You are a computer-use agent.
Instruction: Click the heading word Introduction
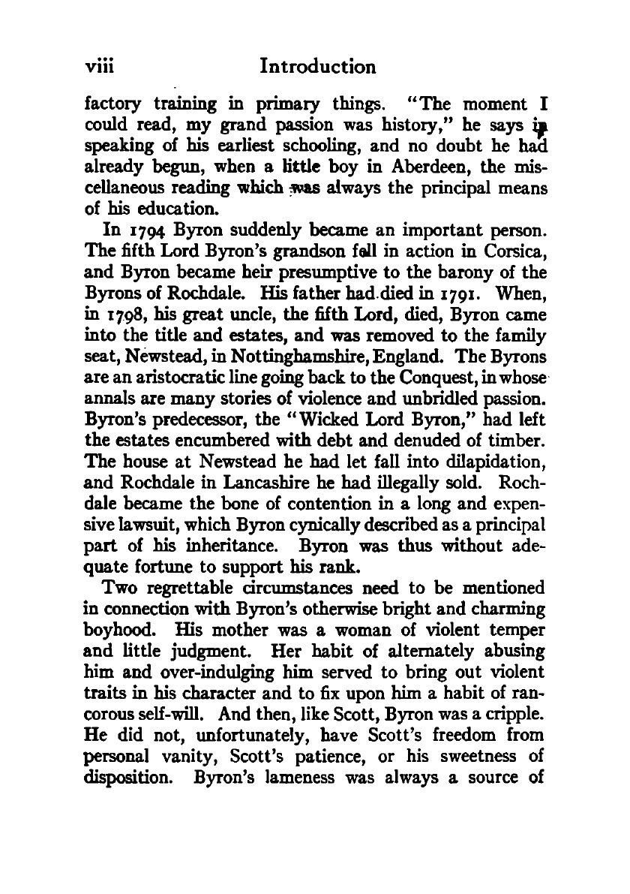[x=317, y=67]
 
